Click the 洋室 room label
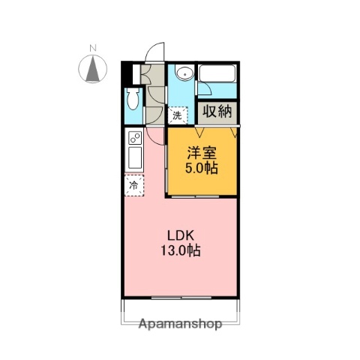[202, 151]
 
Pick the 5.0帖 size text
[202, 168]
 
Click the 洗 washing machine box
[178, 115]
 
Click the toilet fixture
[132, 100]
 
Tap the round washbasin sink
[184, 73]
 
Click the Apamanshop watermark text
[180, 325]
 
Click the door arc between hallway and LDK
[156, 134]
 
